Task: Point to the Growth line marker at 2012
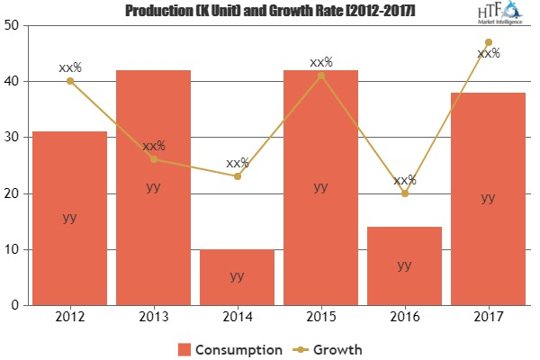(x=69, y=81)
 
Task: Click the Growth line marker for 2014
(x=237, y=176)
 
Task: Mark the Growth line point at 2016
(x=404, y=193)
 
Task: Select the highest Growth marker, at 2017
(x=488, y=42)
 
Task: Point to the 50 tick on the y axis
(x=14, y=26)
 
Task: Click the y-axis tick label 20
(x=14, y=193)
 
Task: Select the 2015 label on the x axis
(x=320, y=317)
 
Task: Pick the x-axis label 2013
(x=153, y=317)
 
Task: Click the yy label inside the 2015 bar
(x=320, y=187)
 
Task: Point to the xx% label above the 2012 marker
(x=69, y=66)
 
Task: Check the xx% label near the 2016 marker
(x=404, y=179)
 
